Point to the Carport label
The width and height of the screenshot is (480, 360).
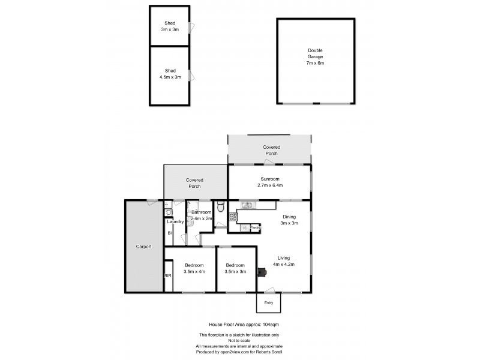pos(143,247)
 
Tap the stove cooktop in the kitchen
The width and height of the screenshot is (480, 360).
pos(233,217)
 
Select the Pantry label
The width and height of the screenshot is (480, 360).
pos(255,228)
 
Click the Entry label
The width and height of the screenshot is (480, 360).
pos(268,302)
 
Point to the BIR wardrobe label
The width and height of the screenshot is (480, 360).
pos(167,276)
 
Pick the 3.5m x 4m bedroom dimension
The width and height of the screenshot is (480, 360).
pos(194,272)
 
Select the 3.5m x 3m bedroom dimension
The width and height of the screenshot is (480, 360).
pos(236,272)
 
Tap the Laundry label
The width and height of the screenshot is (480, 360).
pos(175,222)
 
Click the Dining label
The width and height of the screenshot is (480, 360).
pos(290,217)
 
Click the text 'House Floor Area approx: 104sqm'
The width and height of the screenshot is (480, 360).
pos(240,323)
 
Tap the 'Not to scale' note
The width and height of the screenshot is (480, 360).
pos(240,340)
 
